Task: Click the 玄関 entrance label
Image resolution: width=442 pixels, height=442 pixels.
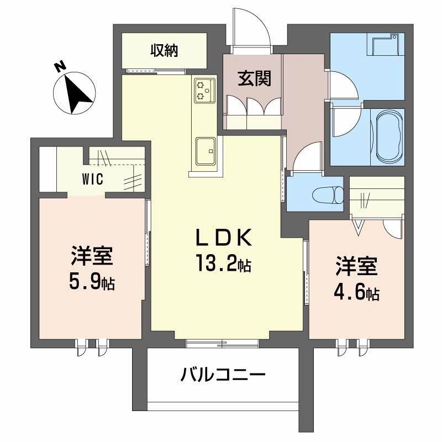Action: pyautogui.click(x=254, y=79)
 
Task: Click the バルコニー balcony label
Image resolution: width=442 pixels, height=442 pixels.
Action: pyautogui.click(x=223, y=377)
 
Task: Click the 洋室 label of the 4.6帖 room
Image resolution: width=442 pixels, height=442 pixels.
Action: pyautogui.click(x=356, y=266)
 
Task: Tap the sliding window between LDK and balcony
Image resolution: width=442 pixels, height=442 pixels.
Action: pyautogui.click(x=222, y=343)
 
